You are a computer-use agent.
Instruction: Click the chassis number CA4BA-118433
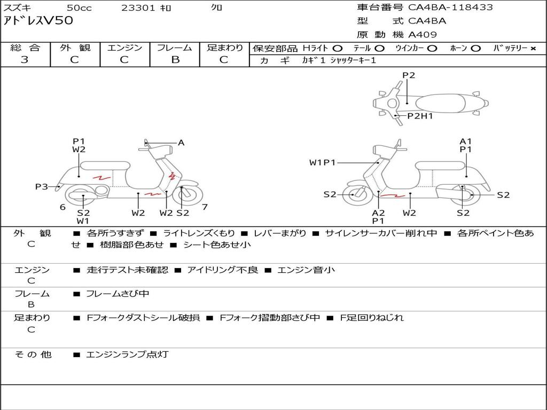pyautogui.click(x=450, y=7)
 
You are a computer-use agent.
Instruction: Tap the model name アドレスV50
pyautogui.click(x=38, y=21)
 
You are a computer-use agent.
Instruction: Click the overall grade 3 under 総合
pyautogui.click(x=25, y=59)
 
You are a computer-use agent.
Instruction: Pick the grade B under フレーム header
pyautogui.click(x=175, y=60)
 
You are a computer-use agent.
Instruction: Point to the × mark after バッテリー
pyautogui.click(x=533, y=49)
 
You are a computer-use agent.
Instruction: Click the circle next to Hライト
pyautogui.click(x=338, y=49)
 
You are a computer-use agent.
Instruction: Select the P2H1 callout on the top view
pyautogui.click(x=420, y=116)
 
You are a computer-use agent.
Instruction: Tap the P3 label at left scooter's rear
pyautogui.click(x=42, y=186)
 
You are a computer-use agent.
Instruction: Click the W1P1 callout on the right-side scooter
pyautogui.click(x=322, y=162)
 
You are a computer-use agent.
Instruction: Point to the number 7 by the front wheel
pyautogui.click(x=205, y=207)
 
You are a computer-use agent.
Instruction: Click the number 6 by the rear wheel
pyautogui.click(x=63, y=207)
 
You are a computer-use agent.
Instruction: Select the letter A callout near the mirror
pyautogui.click(x=181, y=143)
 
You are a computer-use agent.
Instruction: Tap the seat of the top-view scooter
pyautogui.click(x=440, y=104)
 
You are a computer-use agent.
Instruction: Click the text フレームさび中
pyautogui.click(x=118, y=294)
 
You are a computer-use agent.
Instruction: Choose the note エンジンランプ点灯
pyautogui.click(x=127, y=354)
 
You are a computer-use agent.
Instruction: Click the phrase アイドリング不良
pyautogui.click(x=223, y=270)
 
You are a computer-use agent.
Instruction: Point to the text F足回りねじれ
pyautogui.click(x=372, y=318)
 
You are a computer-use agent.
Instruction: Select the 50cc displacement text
pyautogui.click(x=79, y=7)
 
